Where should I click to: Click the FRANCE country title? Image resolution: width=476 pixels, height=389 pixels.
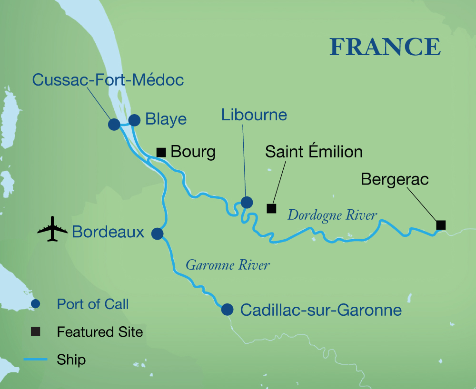tap(385, 47)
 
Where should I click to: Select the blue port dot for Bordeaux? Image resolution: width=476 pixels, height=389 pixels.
tap(157, 233)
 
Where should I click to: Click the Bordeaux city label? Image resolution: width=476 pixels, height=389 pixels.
tap(108, 232)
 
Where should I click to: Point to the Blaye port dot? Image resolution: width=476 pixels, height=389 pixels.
tap(134, 120)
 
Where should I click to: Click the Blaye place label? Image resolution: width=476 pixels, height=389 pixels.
tap(166, 119)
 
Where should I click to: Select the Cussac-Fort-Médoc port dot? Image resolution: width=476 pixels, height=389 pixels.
tap(114, 125)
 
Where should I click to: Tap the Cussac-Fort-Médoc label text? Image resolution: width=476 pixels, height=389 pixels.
tap(108, 80)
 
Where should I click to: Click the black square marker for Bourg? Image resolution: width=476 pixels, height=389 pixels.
tap(161, 152)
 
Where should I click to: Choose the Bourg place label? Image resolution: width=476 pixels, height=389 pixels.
tap(193, 152)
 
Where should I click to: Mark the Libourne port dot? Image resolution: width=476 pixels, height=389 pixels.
tap(247, 203)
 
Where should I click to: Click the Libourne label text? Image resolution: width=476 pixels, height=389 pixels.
tap(254, 115)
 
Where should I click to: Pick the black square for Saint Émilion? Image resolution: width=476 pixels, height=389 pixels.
tap(271, 208)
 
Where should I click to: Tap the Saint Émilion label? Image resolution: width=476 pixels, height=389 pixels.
tap(314, 152)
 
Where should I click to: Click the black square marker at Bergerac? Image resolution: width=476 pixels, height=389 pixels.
tap(441, 225)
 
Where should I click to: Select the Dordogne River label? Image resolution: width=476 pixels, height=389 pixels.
tap(332, 215)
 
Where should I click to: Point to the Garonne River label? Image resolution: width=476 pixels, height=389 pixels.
tap(228, 265)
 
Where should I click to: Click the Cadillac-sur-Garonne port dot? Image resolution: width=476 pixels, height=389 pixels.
tap(228, 310)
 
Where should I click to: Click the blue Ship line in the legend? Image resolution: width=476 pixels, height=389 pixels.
tap(35, 359)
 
